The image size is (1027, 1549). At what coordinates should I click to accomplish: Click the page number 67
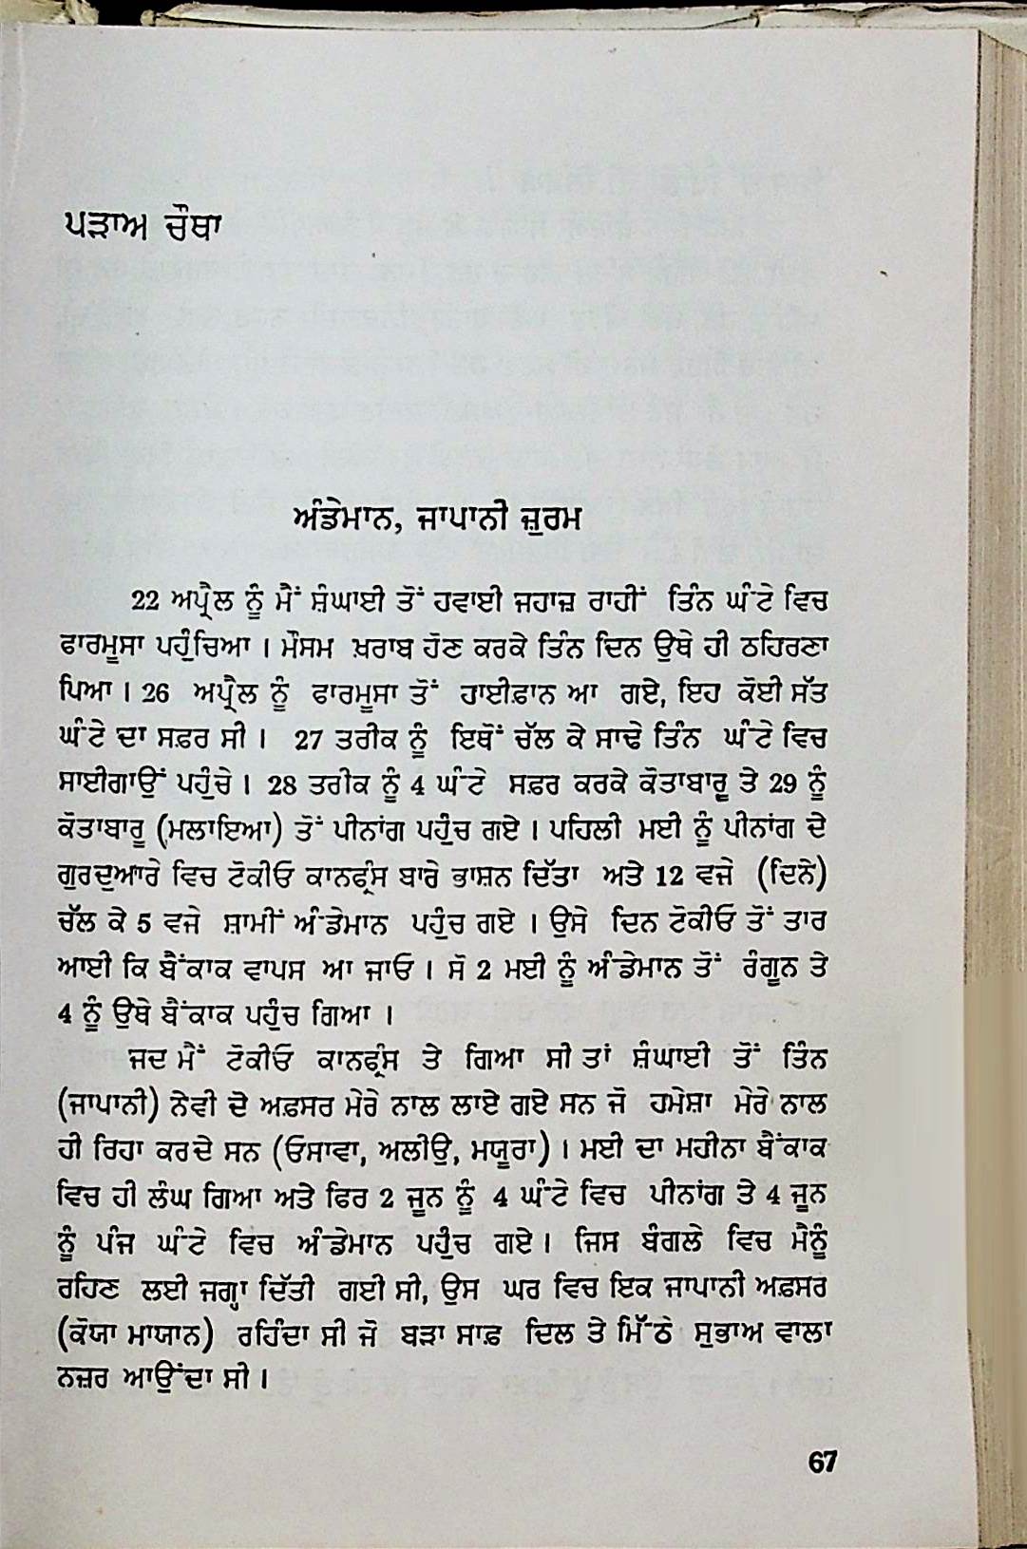822,1462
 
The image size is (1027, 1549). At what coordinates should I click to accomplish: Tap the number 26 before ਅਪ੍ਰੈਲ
154,693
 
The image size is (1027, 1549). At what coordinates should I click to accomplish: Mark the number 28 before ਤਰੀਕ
284,784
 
